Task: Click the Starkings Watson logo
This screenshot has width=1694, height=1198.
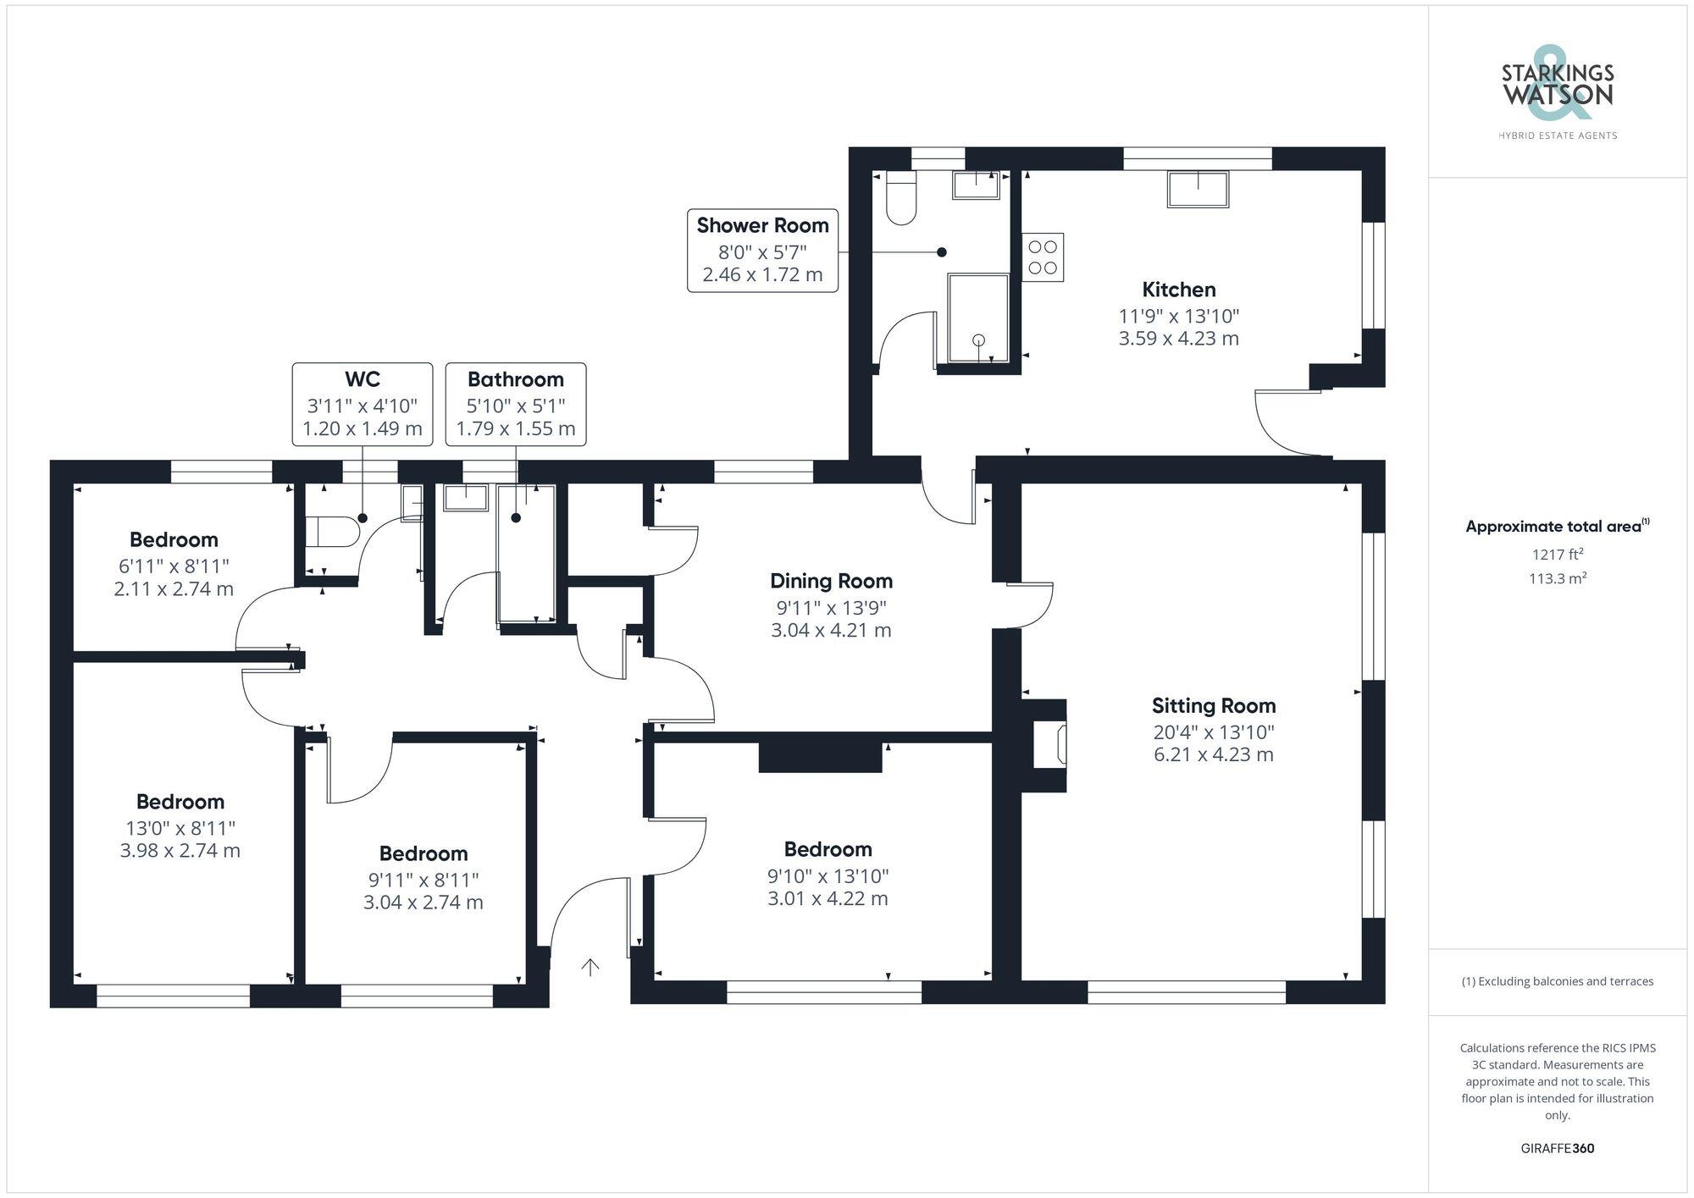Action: click(x=1557, y=93)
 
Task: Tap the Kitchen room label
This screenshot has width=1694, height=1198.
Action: click(x=1178, y=290)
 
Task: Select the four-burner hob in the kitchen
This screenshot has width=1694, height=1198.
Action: click(x=1042, y=257)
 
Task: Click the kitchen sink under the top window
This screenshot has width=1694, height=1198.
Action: click(x=1198, y=189)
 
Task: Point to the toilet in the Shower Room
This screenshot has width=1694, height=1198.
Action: click(x=901, y=199)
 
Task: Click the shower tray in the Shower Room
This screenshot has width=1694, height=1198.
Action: click(x=978, y=317)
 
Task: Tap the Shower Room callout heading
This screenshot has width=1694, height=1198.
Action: click(x=762, y=226)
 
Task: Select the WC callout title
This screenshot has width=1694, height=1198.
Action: click(x=362, y=379)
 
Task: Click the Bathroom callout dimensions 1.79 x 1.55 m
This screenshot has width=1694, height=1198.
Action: click(x=515, y=428)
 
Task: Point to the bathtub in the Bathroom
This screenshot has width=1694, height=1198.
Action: click(x=526, y=555)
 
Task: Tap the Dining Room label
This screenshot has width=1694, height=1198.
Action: click(x=831, y=581)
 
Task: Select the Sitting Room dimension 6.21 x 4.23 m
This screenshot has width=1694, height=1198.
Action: click(x=1213, y=754)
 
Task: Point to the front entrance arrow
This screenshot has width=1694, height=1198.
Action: click(x=590, y=967)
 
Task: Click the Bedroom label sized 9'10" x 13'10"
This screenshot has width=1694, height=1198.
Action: click(x=827, y=849)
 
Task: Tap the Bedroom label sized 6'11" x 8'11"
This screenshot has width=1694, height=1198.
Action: click(x=174, y=540)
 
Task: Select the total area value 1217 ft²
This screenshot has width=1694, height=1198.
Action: click(x=1557, y=555)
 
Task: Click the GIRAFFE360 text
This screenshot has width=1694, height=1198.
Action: click(x=1557, y=1148)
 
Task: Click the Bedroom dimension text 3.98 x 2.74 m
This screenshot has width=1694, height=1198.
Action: click(x=180, y=851)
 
